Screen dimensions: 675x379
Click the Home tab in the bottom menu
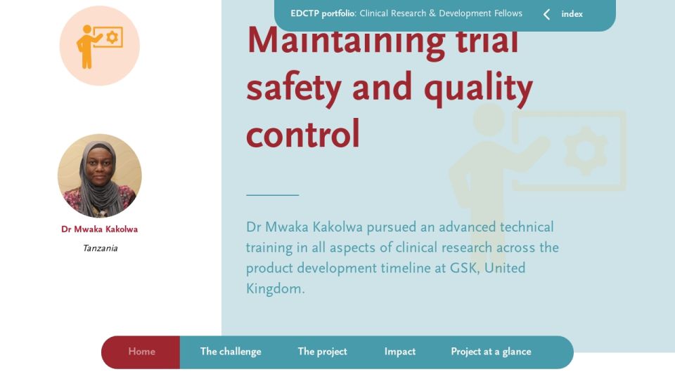[x=141, y=352]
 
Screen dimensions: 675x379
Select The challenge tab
[x=231, y=352]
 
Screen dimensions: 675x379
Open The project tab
[x=323, y=352]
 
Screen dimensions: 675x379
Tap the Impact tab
[x=400, y=352]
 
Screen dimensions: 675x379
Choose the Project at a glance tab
[x=491, y=352]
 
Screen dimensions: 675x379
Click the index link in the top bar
[x=572, y=14]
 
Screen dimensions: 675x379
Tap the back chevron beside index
[x=546, y=15]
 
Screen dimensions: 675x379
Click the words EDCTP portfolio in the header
[x=323, y=13]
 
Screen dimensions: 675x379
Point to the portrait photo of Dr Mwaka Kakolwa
[x=99, y=175]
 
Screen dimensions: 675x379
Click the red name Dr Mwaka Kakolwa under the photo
[x=99, y=229]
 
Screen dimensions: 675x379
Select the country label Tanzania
[x=100, y=248]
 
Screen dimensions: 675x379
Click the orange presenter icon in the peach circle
[x=99, y=46]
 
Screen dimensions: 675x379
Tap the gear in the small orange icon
[x=112, y=37]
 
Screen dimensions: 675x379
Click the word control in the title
[x=302, y=134]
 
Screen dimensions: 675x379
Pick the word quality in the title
[x=479, y=88]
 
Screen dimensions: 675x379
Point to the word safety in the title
[x=294, y=88]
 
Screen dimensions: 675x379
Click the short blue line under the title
[x=273, y=195]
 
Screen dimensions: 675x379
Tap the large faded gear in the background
[x=586, y=150]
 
